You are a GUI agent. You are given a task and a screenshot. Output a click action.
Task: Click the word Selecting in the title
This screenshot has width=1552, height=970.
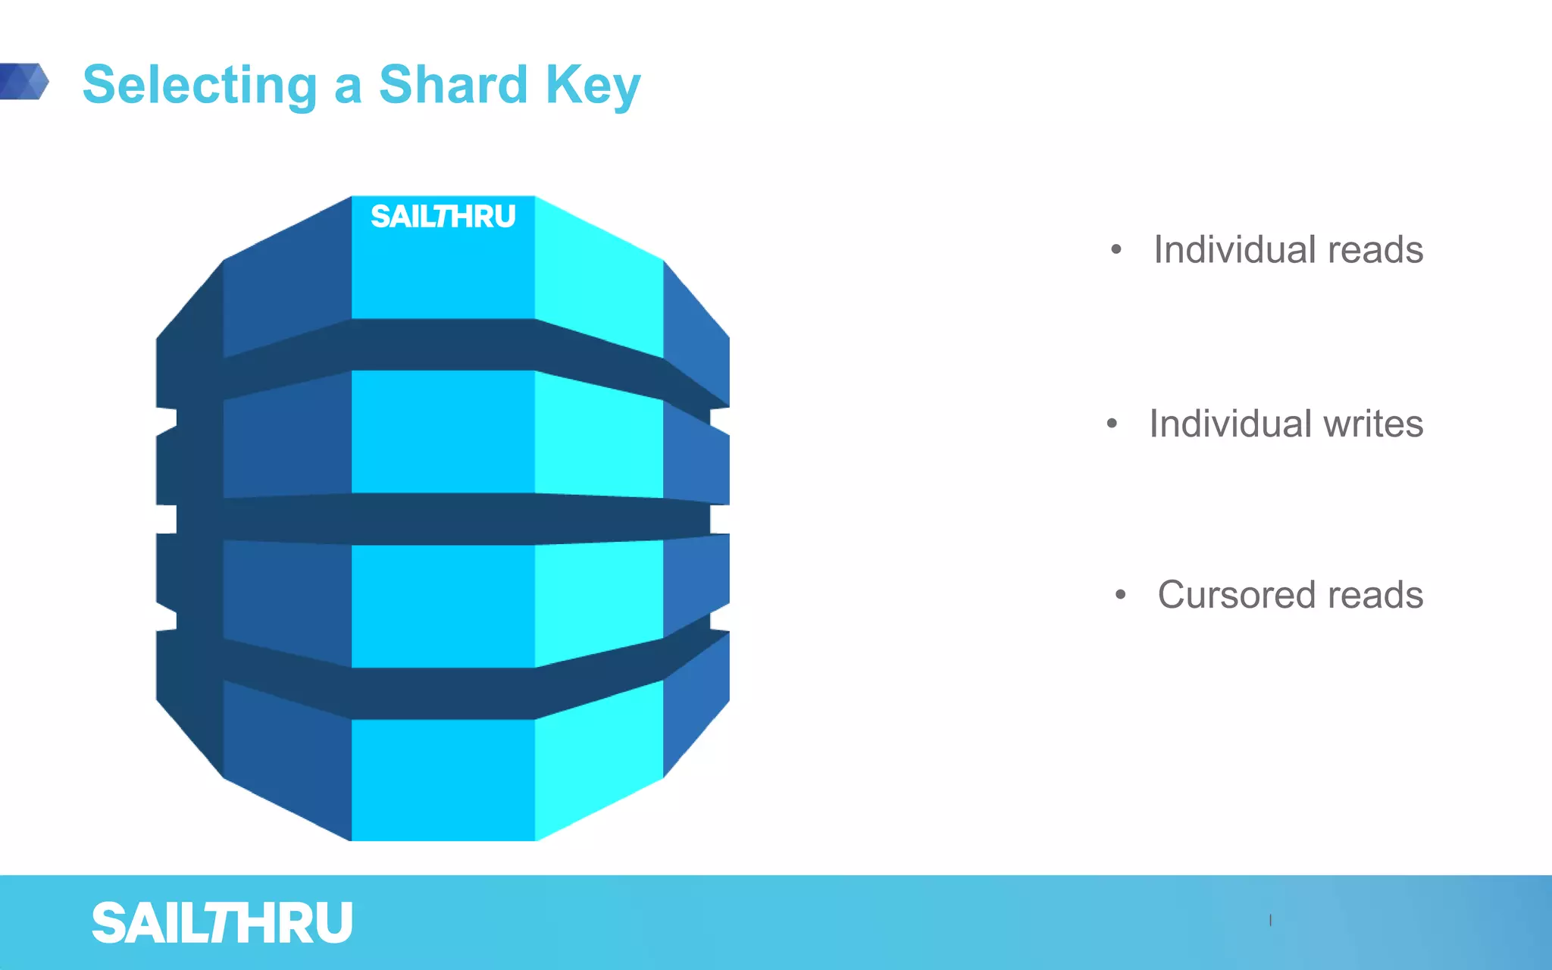pyautogui.click(x=199, y=85)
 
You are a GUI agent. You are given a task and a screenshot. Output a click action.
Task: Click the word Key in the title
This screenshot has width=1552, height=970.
pyautogui.click(x=593, y=85)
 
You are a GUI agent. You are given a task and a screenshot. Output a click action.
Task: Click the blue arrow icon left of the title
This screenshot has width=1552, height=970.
pyautogui.click(x=24, y=81)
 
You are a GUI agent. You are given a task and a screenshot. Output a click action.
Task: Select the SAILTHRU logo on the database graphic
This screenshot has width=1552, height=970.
pyautogui.click(x=443, y=217)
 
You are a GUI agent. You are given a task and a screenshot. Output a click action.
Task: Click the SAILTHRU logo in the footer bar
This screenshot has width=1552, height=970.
pyautogui.click(x=222, y=923)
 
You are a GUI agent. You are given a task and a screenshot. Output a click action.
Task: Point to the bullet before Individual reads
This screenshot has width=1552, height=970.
pyautogui.click(x=1115, y=249)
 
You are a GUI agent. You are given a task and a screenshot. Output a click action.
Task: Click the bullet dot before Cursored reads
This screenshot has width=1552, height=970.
pyautogui.click(x=1120, y=595)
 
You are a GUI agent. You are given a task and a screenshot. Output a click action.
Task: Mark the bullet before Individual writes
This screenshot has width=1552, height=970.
pyautogui.click(x=1112, y=424)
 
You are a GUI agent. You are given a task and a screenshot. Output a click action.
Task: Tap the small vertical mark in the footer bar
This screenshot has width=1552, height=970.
pyautogui.click(x=1271, y=920)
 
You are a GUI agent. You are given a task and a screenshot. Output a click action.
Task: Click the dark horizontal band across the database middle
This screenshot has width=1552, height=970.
pyautogui.click(x=443, y=519)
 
